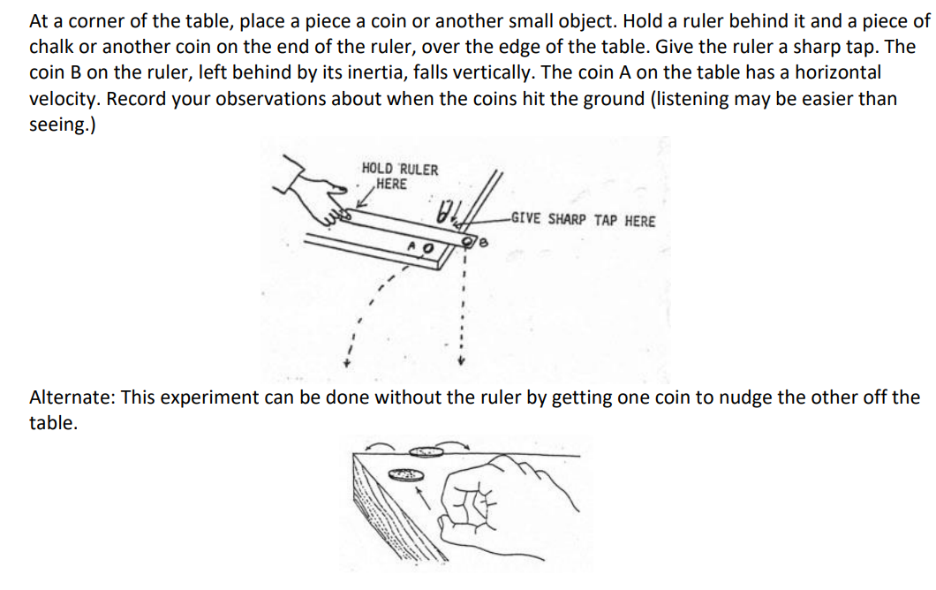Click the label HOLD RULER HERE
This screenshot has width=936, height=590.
click(399, 177)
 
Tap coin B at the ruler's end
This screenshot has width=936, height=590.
click(470, 236)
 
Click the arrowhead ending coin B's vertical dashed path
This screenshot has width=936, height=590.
click(460, 362)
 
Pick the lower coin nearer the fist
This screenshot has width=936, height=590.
click(403, 475)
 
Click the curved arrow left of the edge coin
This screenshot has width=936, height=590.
click(382, 444)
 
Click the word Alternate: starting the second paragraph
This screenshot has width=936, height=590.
click(72, 397)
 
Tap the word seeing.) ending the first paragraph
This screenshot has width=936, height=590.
click(63, 125)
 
